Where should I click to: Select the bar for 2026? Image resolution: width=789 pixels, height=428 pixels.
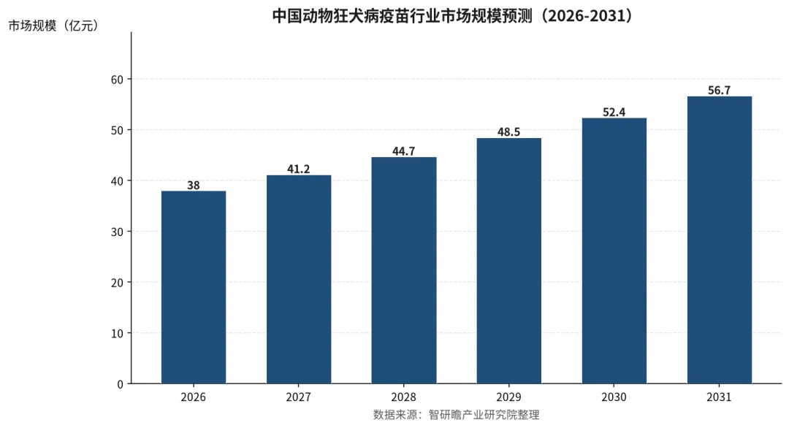pyautogui.click(x=194, y=287)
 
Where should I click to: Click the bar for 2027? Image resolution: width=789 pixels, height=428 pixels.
pyautogui.click(x=299, y=279)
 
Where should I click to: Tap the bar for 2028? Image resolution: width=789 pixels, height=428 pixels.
pyautogui.click(x=404, y=270)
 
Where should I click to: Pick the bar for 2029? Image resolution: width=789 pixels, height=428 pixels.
pyautogui.click(x=509, y=261)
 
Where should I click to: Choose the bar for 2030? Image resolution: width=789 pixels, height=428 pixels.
pyautogui.click(x=614, y=251)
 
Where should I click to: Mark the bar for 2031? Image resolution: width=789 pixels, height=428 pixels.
pyautogui.click(x=720, y=240)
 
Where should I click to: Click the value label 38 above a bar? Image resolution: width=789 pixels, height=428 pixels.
pyautogui.click(x=194, y=185)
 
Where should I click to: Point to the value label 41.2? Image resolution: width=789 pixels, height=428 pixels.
pyautogui.click(x=299, y=169)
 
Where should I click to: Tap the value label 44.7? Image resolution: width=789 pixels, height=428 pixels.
pyautogui.click(x=404, y=151)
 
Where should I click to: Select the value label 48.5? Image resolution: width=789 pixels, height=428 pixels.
pyautogui.click(x=509, y=131)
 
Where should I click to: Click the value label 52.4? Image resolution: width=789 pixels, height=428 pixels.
pyautogui.click(x=614, y=112)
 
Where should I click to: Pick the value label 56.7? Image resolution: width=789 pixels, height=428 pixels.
pyautogui.click(x=720, y=90)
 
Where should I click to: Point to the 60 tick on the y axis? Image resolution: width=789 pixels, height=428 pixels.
pyautogui.click(x=117, y=80)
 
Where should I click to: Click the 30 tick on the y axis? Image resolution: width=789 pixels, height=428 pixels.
pyautogui.click(x=117, y=232)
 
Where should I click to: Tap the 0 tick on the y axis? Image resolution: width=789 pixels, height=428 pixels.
pyautogui.click(x=121, y=384)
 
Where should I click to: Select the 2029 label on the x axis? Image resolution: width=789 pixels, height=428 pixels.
pyautogui.click(x=509, y=397)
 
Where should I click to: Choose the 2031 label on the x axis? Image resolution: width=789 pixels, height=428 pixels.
pyautogui.click(x=720, y=397)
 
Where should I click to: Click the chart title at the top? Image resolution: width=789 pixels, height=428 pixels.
pyautogui.click(x=453, y=16)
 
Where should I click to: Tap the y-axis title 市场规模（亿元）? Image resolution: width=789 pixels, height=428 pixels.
pyautogui.click(x=53, y=26)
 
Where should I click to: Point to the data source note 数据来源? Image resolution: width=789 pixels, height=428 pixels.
pyautogui.click(x=456, y=415)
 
